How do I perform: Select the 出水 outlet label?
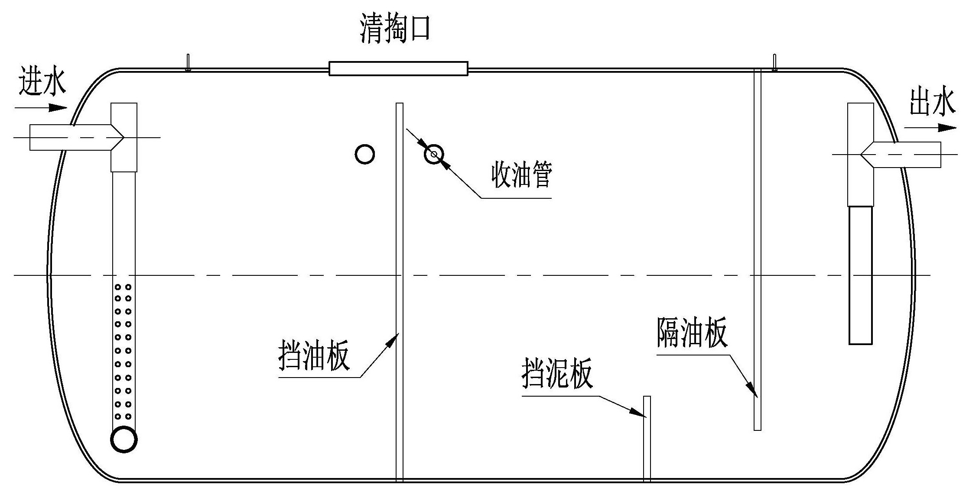point(932,102)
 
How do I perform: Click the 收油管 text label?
point(521,175)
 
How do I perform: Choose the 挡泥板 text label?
point(557,373)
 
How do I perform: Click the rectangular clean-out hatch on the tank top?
point(398,69)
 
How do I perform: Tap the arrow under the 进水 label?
point(41,107)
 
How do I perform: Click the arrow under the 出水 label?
point(930,128)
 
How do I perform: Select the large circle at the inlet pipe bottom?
point(124,439)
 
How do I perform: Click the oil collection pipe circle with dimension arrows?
point(434,154)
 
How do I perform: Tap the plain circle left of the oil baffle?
point(364,154)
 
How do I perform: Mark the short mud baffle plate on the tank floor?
point(647,437)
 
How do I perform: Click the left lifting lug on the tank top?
point(188,62)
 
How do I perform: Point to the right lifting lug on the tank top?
point(774,62)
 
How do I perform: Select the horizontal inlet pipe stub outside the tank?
point(48,137)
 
